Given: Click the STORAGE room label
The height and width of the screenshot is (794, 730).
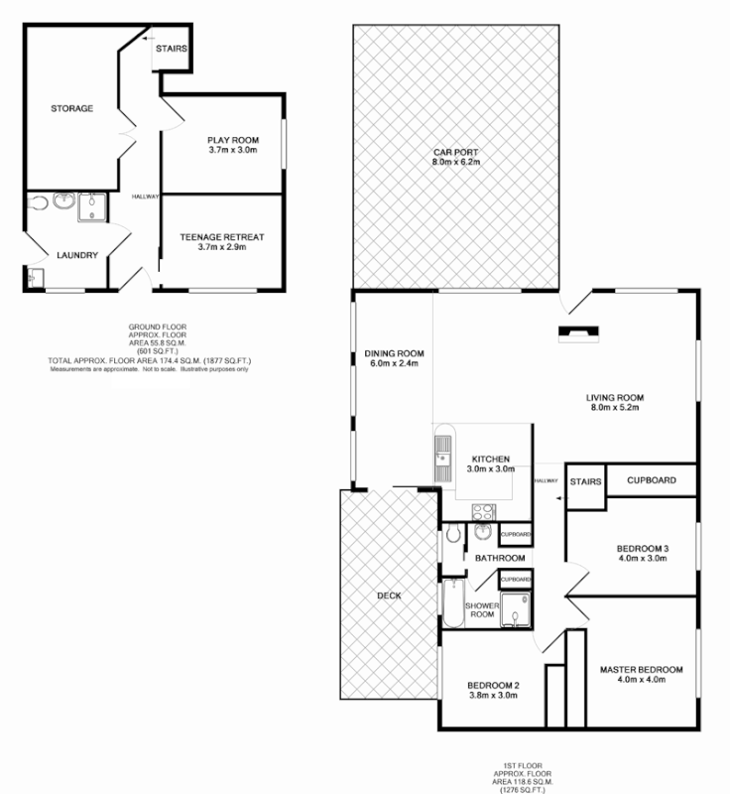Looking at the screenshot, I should coord(72,108).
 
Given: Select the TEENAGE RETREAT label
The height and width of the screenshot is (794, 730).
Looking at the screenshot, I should coord(222,237).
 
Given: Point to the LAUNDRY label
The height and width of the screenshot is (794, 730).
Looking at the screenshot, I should coord(76,255).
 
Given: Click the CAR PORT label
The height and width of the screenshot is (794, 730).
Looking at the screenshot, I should coord(455,151).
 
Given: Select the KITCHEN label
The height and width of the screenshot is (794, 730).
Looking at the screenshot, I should coord(490,458).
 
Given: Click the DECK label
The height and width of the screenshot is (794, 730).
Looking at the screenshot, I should coord(389,596).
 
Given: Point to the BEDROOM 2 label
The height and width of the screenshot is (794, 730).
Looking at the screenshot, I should coord(493,685).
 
